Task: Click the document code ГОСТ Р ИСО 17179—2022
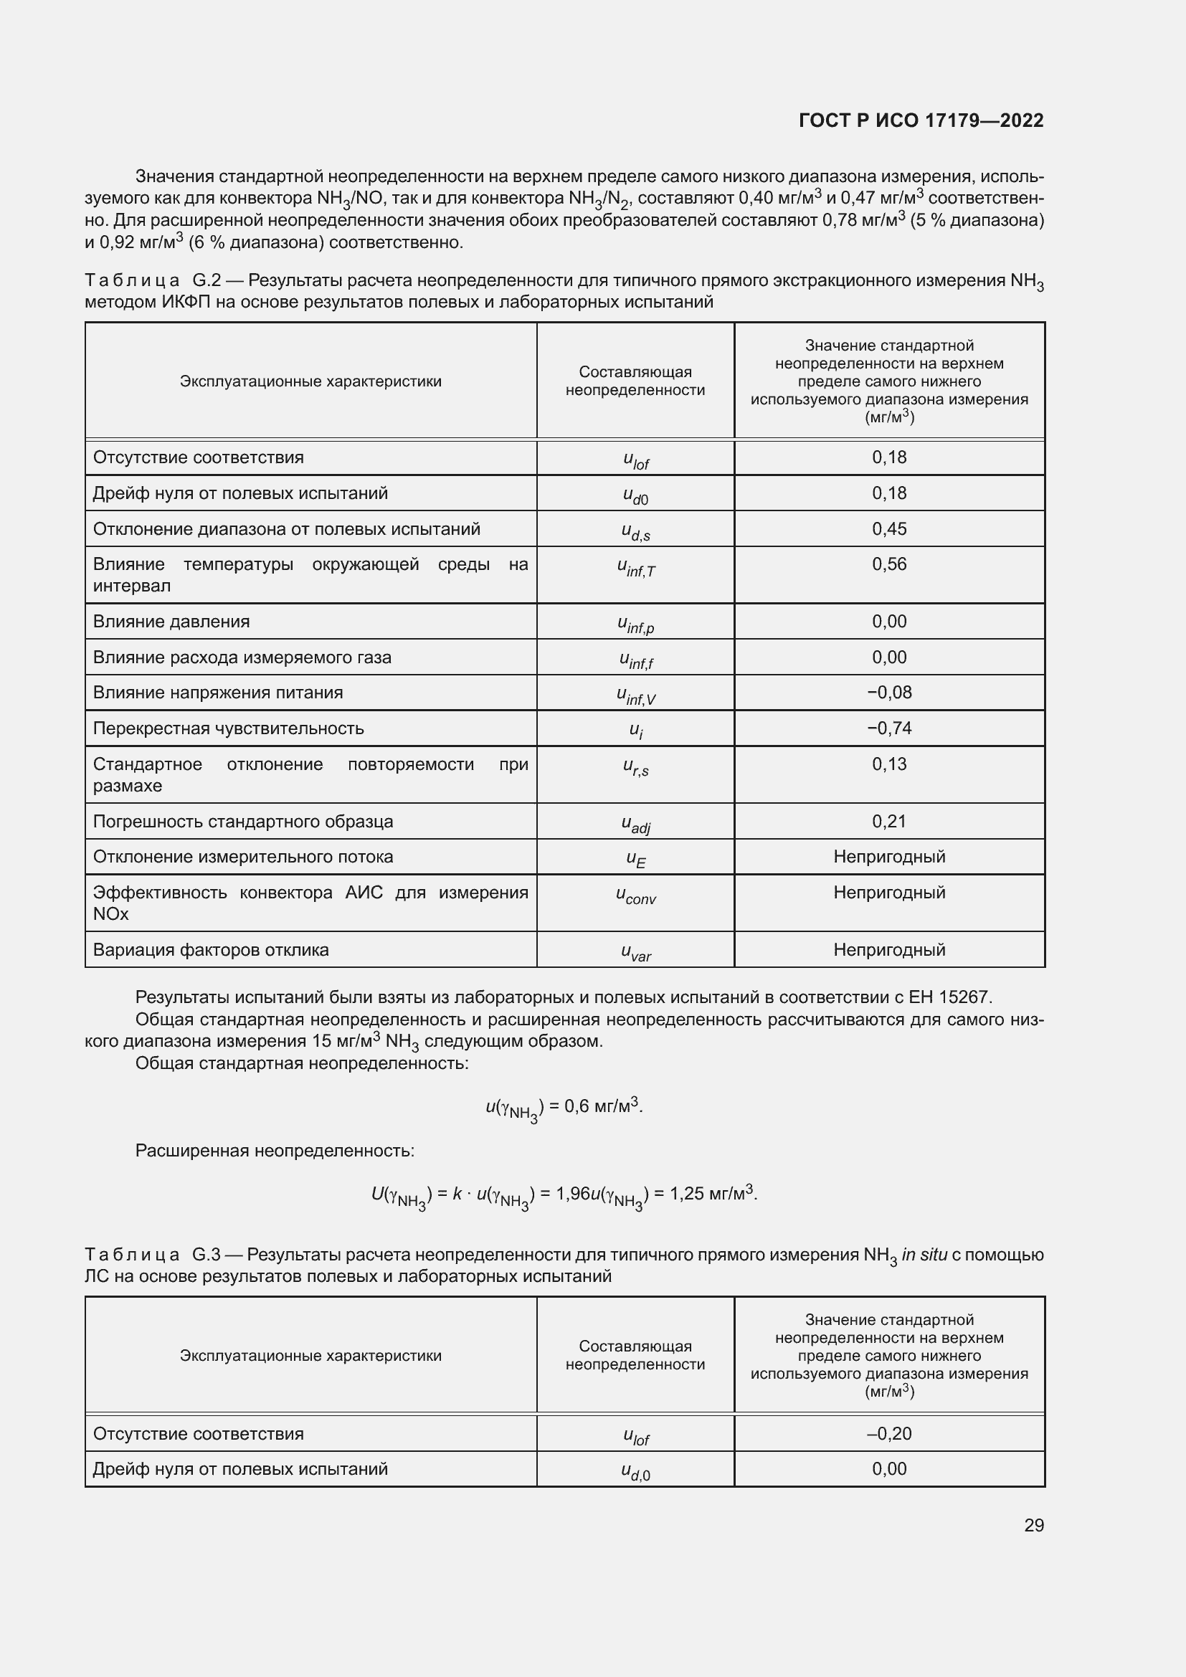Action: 921,120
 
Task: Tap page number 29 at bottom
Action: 1033,1525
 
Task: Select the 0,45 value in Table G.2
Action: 888,529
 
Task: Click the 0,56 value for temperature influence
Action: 888,564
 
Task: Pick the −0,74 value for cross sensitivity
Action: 888,728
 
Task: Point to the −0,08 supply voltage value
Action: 888,693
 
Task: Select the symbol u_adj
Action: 635,824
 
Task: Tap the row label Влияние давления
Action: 171,622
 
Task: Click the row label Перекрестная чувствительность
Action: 228,728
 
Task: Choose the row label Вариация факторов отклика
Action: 210,950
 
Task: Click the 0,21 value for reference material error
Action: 888,822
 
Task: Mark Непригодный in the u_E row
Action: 888,857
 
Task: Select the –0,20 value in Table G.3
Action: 888,1433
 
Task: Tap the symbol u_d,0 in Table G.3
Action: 635,1472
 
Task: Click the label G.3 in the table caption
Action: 206,1255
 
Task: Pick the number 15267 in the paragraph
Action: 964,998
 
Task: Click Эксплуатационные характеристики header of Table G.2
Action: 310,381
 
